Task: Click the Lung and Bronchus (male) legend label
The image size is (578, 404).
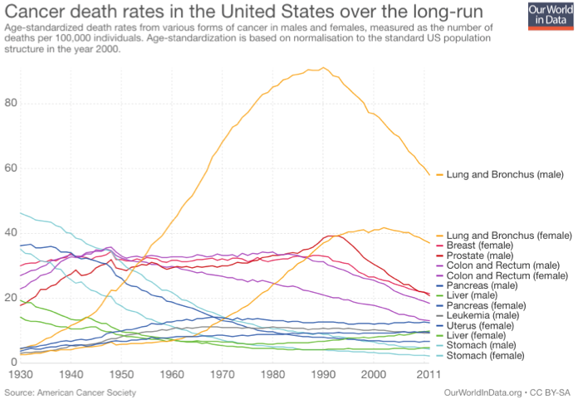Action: (x=505, y=175)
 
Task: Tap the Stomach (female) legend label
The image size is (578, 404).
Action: (x=486, y=355)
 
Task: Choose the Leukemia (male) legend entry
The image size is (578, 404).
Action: (x=484, y=315)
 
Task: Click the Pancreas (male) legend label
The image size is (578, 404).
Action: (x=482, y=285)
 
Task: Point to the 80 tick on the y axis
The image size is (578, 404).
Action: (x=9, y=103)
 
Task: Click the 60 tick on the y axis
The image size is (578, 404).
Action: (x=9, y=168)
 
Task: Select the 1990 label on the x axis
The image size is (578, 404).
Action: (x=324, y=375)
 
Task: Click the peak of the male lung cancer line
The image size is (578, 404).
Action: (x=324, y=68)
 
